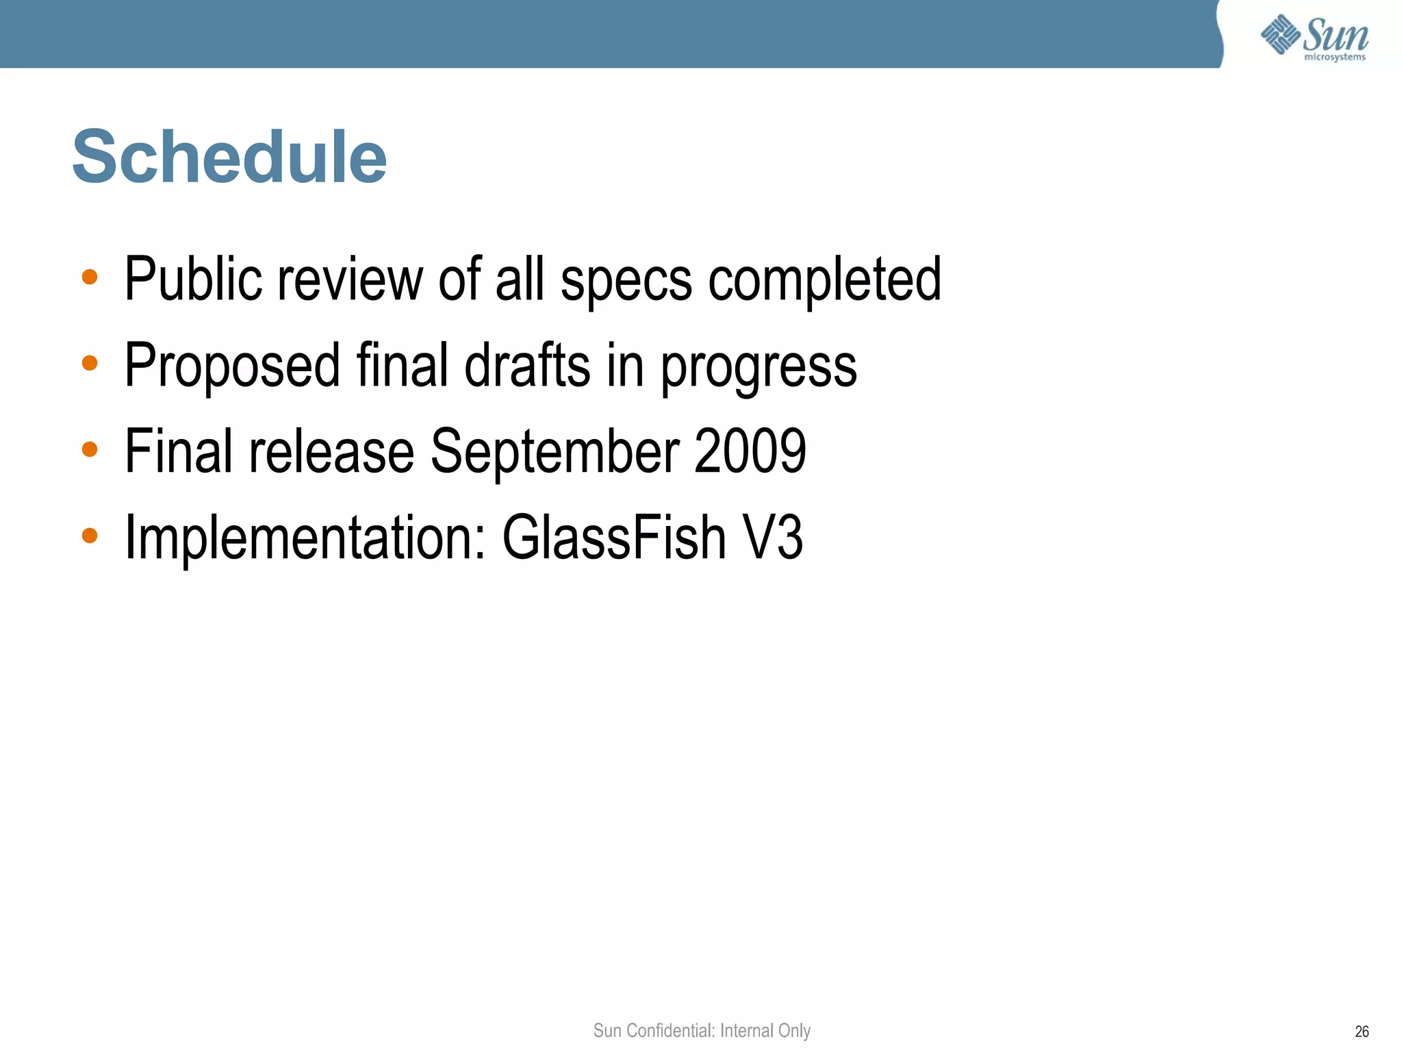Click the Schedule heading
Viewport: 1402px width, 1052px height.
coord(229,158)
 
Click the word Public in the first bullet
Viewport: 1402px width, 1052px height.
coord(192,279)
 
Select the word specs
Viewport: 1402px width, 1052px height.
coord(626,281)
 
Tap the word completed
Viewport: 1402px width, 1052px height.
coord(824,279)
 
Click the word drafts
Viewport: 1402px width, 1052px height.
coord(526,365)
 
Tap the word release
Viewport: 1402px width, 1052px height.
coord(331,451)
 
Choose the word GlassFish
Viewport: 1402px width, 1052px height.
coord(613,538)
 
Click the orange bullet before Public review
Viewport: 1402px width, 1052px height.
coord(90,277)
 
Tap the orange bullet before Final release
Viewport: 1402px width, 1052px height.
coord(90,449)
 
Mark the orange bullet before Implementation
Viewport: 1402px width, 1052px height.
coord(90,536)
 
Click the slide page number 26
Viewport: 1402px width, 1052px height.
coord(1362,1031)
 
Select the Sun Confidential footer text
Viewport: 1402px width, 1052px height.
coord(702,1030)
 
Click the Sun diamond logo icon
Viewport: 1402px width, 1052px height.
coord(1280,34)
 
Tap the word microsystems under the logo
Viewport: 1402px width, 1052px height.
coord(1334,58)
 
